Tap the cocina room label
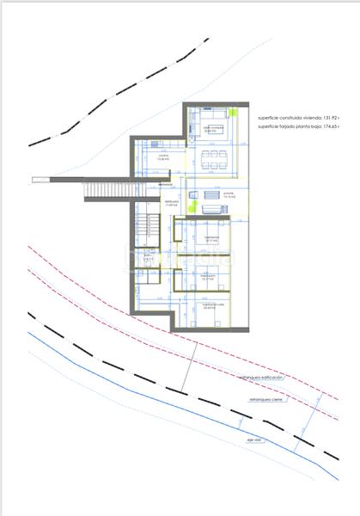[163, 158]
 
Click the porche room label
[229, 194]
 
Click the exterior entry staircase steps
[110, 189]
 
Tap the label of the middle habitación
[207, 277]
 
